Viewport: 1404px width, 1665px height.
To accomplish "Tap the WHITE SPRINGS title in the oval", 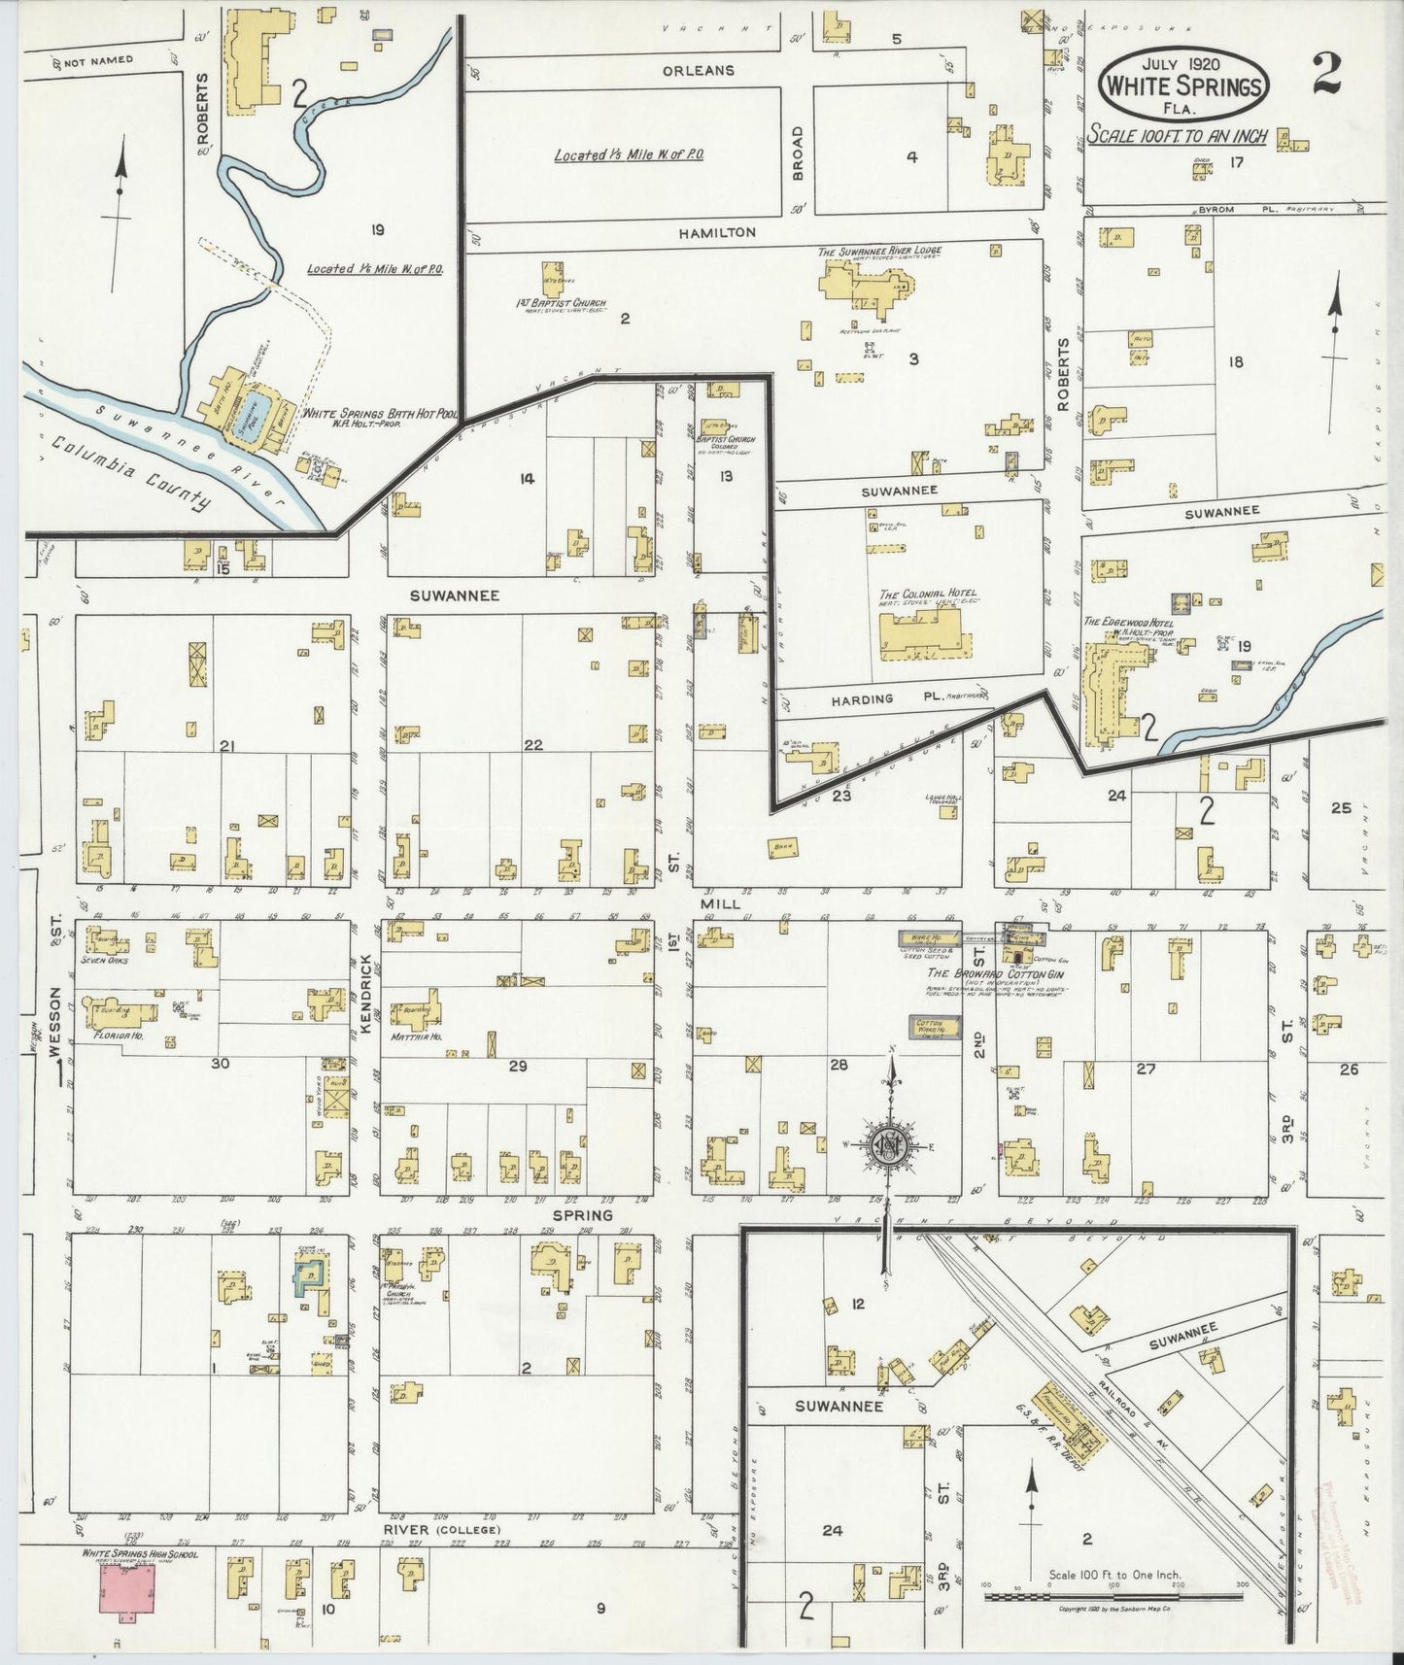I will [x=1183, y=86].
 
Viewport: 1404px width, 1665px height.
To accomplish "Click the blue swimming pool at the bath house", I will [x=250, y=425].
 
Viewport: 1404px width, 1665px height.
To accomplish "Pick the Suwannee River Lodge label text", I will [x=879, y=252].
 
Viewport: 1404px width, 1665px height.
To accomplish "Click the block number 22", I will [x=533, y=745].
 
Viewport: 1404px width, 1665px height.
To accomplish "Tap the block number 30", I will [x=220, y=1064].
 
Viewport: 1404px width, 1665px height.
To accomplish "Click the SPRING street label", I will [x=583, y=1215].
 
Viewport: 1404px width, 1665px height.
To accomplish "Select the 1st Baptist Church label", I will [x=561, y=304].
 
